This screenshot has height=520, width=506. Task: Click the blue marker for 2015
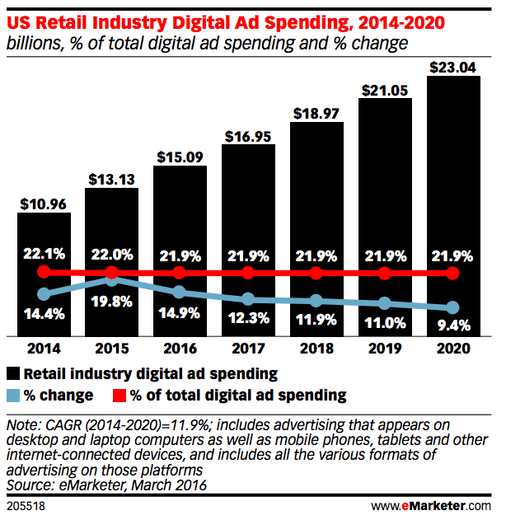tap(113, 280)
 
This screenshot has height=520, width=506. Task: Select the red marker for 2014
tap(45, 272)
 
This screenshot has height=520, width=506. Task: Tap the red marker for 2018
tap(316, 273)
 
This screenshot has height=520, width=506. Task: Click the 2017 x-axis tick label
tap(249, 349)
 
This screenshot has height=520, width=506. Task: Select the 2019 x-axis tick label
tap(385, 349)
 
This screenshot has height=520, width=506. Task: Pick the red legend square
tap(119, 396)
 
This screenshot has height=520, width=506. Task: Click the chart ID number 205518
tap(24, 505)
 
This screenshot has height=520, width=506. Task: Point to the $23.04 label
tap(452, 66)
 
